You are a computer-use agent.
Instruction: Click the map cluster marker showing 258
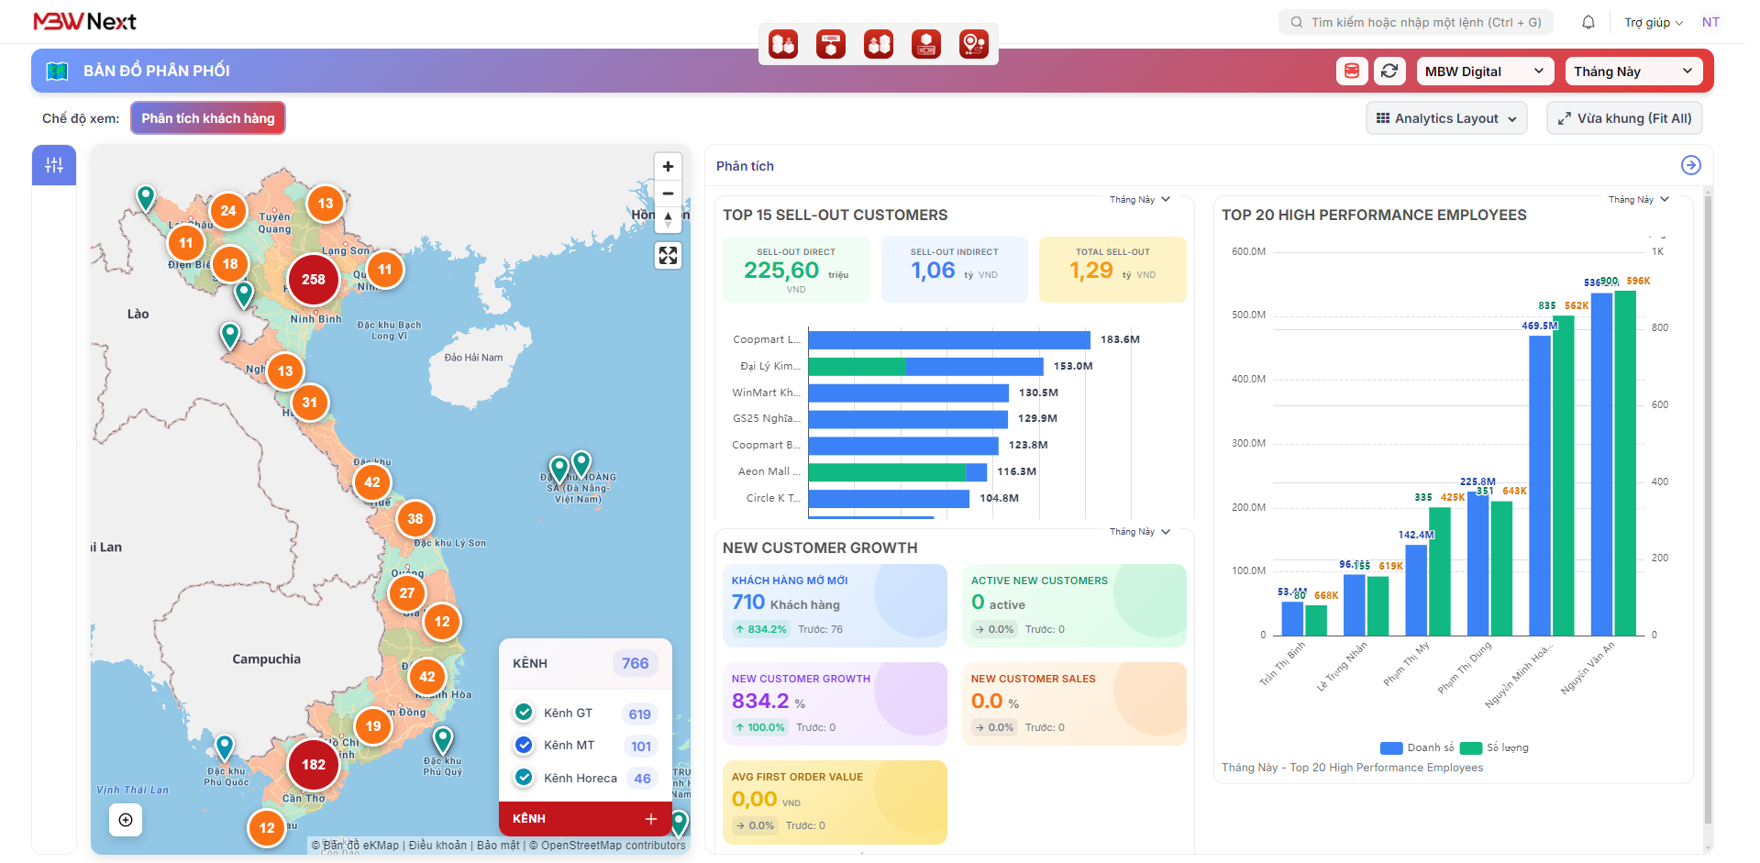click(x=313, y=280)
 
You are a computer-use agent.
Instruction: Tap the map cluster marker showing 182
click(x=313, y=765)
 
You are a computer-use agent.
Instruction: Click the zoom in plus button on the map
click(x=668, y=166)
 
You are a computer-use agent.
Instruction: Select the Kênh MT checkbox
click(x=524, y=746)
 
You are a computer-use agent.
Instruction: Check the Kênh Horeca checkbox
click(x=524, y=778)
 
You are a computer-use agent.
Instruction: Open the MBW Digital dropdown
click(x=1484, y=72)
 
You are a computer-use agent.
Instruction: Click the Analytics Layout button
click(x=1446, y=118)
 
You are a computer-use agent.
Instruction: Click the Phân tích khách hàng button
click(x=208, y=118)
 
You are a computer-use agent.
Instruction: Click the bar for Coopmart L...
click(x=948, y=340)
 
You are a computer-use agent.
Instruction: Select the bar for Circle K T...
click(x=888, y=499)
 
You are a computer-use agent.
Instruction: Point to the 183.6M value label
click(x=1120, y=339)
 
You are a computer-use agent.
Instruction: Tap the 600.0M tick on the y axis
click(x=1248, y=251)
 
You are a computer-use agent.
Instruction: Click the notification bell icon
click(x=1588, y=22)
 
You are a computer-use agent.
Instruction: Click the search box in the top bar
click(x=1416, y=22)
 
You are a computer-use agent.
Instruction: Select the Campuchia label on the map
click(x=266, y=659)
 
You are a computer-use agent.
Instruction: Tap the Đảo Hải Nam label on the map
click(x=473, y=358)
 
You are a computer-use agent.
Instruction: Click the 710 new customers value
click(x=748, y=603)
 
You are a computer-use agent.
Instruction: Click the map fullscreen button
click(x=668, y=256)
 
